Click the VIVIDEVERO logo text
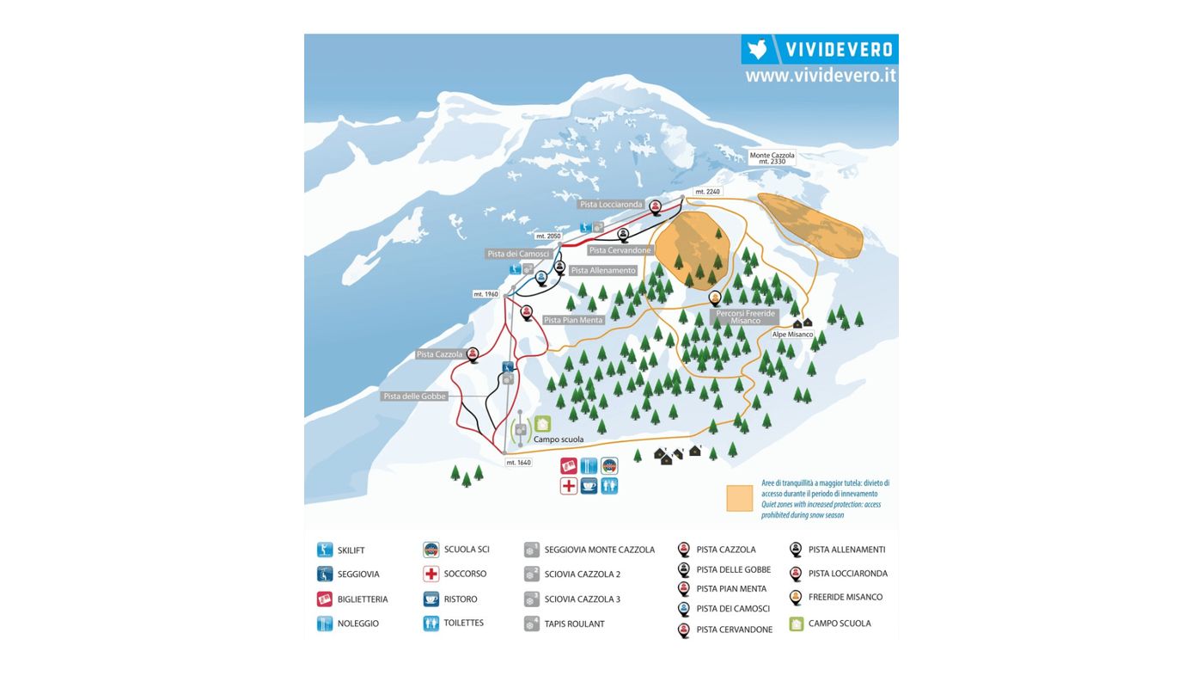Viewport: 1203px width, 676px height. (x=839, y=49)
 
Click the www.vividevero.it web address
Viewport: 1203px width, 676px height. (x=820, y=76)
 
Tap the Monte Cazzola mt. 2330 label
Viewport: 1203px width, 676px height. (x=772, y=158)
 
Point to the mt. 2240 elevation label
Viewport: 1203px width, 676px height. (x=707, y=192)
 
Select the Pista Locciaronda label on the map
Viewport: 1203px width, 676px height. (x=611, y=205)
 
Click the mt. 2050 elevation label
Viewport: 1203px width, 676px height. (x=547, y=236)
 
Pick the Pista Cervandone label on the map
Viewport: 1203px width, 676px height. (x=620, y=250)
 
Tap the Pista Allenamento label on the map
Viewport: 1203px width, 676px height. (x=602, y=270)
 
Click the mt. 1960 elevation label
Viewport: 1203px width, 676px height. (x=485, y=294)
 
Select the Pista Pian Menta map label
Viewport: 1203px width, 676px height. (x=573, y=320)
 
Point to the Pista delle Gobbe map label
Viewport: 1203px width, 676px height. (x=414, y=396)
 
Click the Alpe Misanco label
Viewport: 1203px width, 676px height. (x=791, y=335)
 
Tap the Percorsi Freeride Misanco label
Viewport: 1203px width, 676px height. (x=746, y=317)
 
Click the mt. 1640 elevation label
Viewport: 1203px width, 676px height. (x=518, y=463)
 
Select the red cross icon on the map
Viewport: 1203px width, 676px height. (x=569, y=486)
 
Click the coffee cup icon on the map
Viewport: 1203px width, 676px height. (x=589, y=486)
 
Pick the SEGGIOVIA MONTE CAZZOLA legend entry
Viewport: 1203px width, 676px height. (x=599, y=550)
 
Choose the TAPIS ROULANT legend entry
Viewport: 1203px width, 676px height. (x=574, y=624)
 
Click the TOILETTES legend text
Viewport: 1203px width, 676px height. (x=463, y=623)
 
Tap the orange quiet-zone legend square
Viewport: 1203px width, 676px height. (x=739, y=498)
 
